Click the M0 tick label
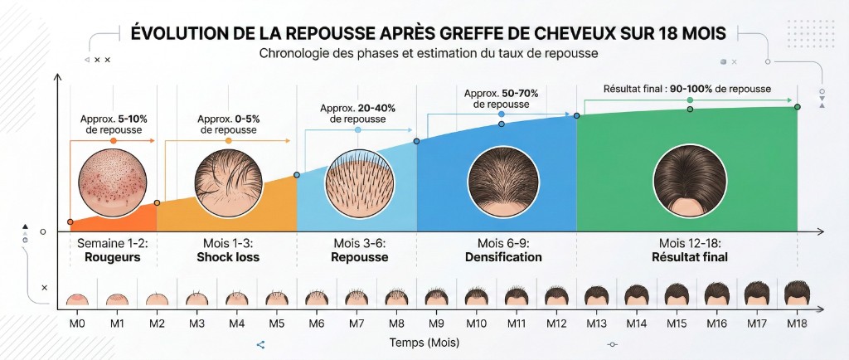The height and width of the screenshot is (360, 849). [x=76, y=323]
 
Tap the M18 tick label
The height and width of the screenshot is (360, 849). [x=797, y=323]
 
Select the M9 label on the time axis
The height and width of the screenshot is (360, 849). [x=436, y=323]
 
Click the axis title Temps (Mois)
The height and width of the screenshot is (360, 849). [x=424, y=342]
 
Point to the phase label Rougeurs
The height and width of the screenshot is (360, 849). [x=113, y=257]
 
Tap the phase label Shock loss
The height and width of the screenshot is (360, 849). [x=228, y=257]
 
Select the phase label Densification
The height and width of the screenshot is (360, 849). [x=498, y=257]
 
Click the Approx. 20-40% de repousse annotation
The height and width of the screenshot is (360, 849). [x=357, y=114]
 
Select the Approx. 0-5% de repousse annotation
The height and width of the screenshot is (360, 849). [x=228, y=124]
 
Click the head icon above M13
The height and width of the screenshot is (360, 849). [x=596, y=294]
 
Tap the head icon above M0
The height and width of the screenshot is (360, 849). [x=76, y=299]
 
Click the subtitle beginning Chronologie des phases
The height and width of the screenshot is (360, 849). [x=428, y=53]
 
